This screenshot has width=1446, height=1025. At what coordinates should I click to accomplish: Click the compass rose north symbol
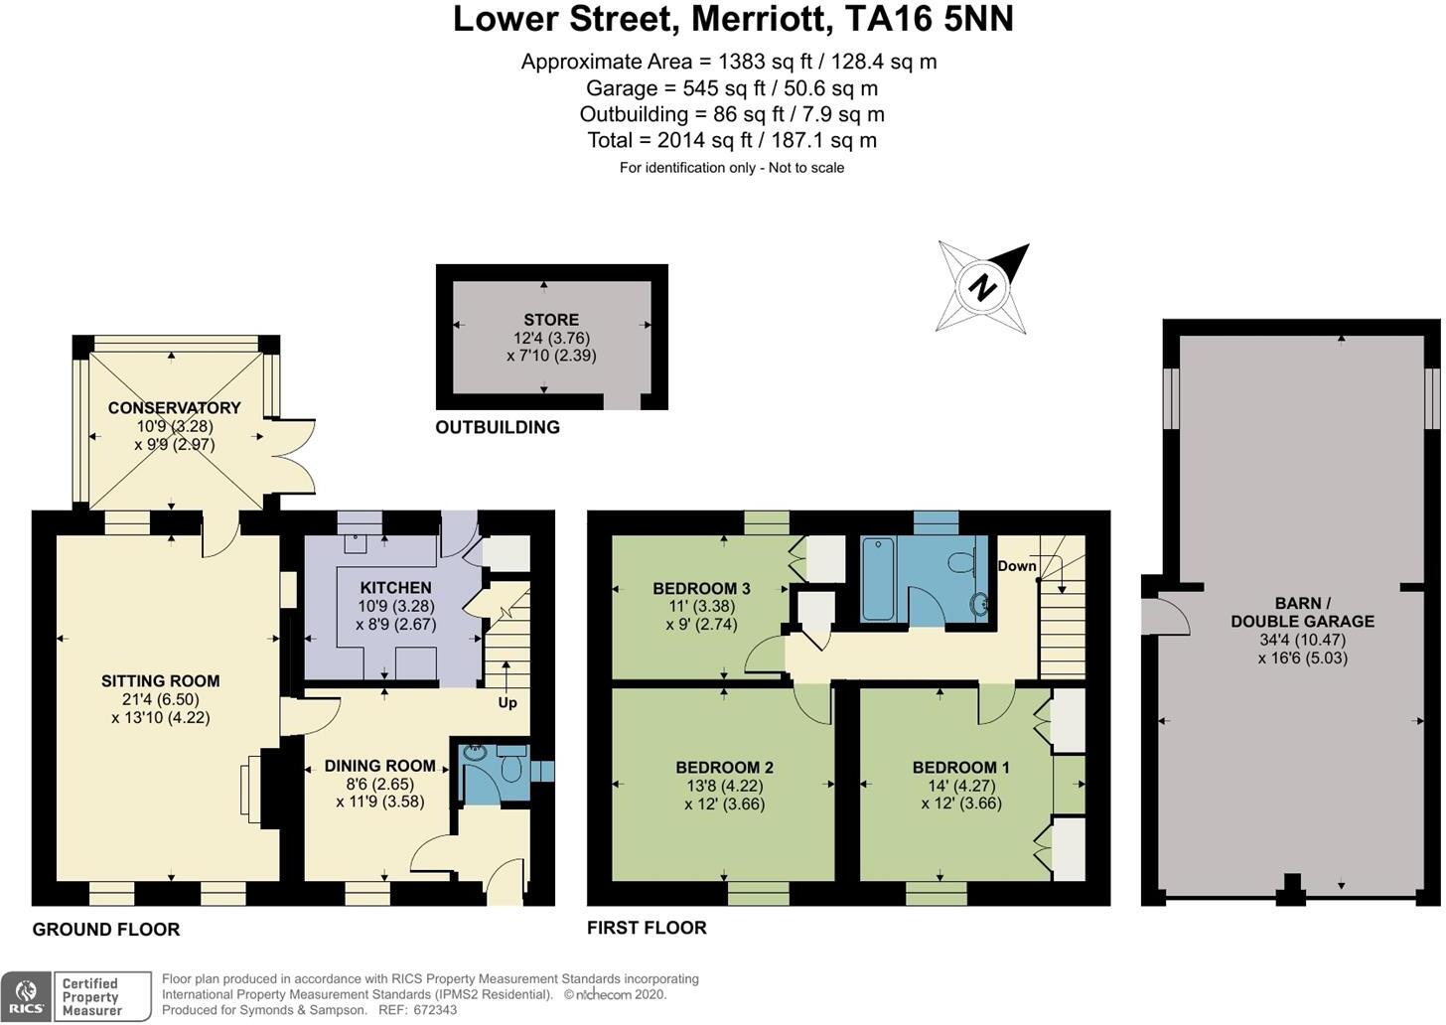pos(983,287)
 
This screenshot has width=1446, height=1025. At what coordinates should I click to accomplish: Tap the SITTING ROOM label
pos(160,681)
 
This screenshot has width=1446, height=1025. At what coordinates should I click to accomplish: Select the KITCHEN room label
pos(395,588)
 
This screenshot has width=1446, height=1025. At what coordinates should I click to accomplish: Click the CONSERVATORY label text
pos(175,408)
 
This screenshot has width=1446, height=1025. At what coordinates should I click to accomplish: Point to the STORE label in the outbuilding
pos(551,320)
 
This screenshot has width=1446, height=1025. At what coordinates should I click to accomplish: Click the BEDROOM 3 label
pos(701,589)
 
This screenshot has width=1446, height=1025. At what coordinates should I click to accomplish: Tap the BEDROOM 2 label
pos(724,768)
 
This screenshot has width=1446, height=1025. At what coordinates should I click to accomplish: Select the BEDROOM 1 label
pos(960,768)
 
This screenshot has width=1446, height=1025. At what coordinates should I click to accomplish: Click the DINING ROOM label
pos(380,766)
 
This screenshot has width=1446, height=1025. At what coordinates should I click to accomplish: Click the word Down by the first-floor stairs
pos(1017,566)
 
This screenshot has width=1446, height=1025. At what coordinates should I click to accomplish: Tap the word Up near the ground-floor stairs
pos(507,702)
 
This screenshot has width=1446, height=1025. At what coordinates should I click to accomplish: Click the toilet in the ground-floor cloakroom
pos(512,768)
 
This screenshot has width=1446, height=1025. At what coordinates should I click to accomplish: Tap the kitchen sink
pos(355,541)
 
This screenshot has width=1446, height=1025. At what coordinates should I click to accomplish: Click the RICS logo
pos(27,996)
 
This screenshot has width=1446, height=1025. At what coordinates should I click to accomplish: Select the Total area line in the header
pos(732,141)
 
